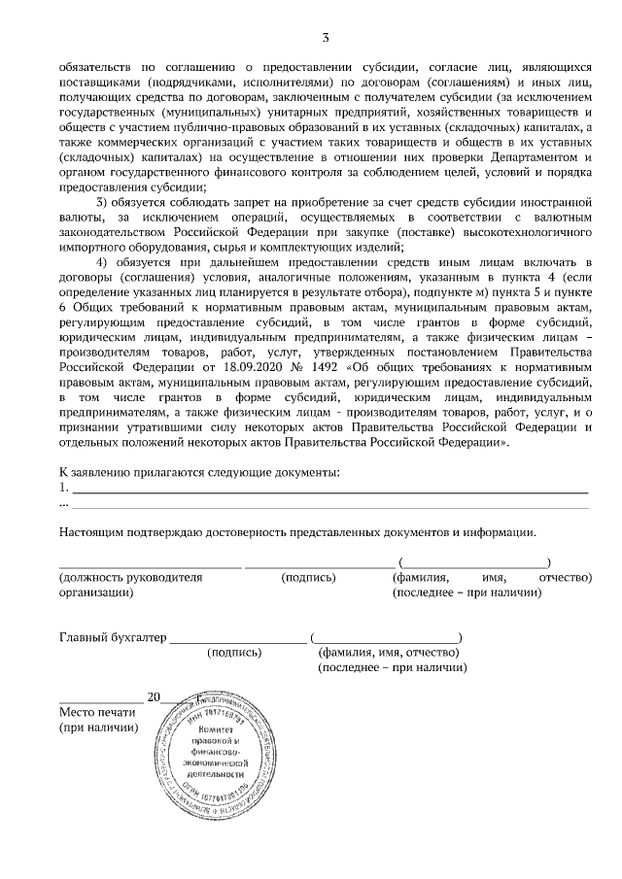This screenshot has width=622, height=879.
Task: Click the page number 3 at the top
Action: [326, 38]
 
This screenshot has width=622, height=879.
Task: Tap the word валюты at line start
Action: [80, 217]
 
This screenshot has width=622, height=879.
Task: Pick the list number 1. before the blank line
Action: [64, 488]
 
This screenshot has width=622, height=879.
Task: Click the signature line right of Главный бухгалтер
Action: [238, 641]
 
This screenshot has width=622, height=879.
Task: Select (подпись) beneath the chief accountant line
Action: [234, 653]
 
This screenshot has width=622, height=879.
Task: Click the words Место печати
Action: [98, 712]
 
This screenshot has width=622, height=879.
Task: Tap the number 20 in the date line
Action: [153, 696]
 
